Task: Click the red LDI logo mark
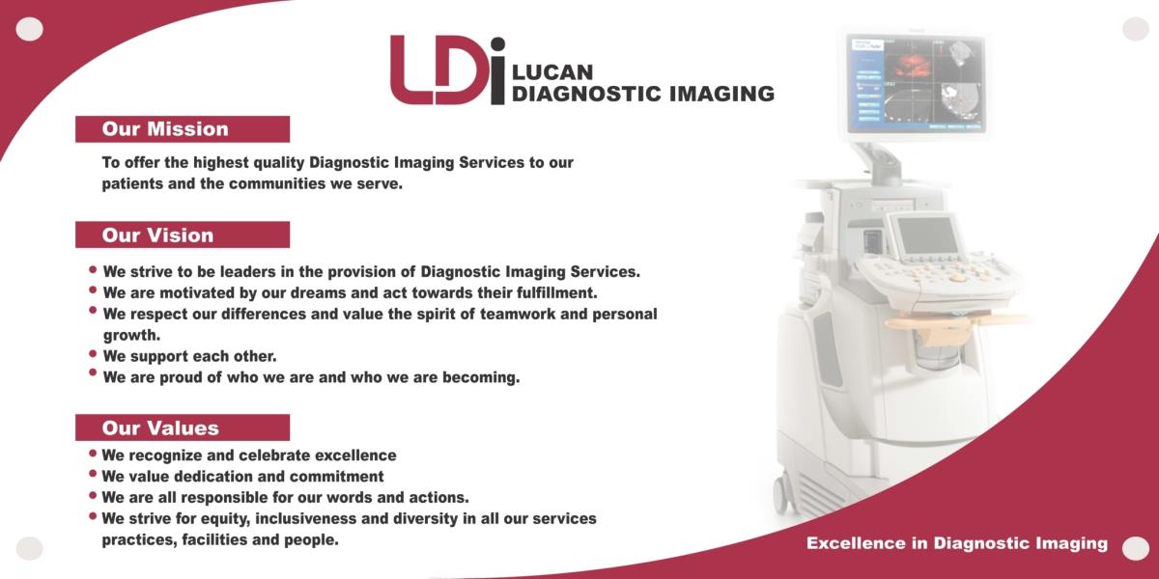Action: (447, 69)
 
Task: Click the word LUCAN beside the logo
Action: (552, 72)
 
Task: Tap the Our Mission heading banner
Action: (183, 129)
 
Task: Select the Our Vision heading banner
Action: (183, 234)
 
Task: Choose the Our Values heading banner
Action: (183, 427)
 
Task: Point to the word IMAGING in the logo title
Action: (721, 95)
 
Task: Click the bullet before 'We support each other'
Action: (93, 353)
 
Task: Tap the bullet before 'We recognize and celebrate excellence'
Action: (93, 453)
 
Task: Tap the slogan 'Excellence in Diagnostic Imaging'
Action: (957, 542)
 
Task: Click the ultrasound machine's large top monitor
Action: (917, 84)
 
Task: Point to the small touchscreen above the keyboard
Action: (926, 235)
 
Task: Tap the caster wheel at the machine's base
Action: (782, 494)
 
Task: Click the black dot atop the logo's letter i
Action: (497, 44)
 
